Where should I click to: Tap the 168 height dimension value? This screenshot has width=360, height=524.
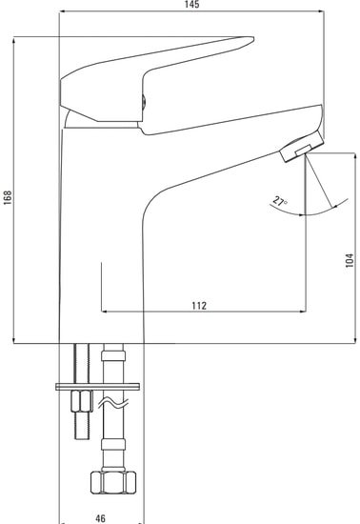[x=8, y=195]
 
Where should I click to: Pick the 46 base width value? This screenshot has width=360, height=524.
[x=101, y=518]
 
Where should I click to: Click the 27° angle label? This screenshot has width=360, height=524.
[x=279, y=202]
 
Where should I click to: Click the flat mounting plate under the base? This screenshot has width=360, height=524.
[x=100, y=385]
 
